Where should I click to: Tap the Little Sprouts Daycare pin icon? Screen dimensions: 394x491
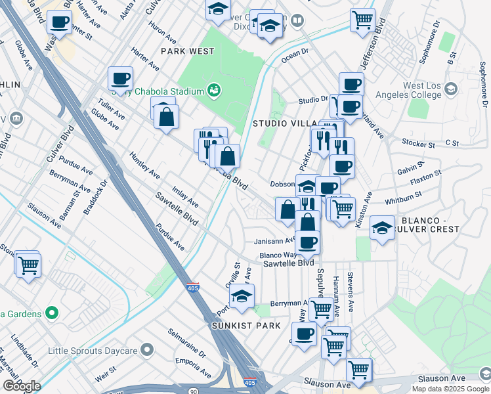(x=146, y=349)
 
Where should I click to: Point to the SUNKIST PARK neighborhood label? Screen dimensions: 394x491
(x=246, y=326)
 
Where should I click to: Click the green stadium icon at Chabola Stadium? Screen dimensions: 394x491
(x=213, y=90)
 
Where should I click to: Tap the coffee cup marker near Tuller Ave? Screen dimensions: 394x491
(x=121, y=79)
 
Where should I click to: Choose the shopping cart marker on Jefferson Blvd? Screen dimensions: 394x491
(x=362, y=20)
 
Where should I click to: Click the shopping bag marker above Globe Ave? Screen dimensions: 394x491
(x=167, y=118)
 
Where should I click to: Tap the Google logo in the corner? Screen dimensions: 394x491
(x=22, y=385)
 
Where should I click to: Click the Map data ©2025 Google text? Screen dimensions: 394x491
(x=450, y=389)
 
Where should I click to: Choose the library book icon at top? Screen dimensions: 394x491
(x=297, y=21)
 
